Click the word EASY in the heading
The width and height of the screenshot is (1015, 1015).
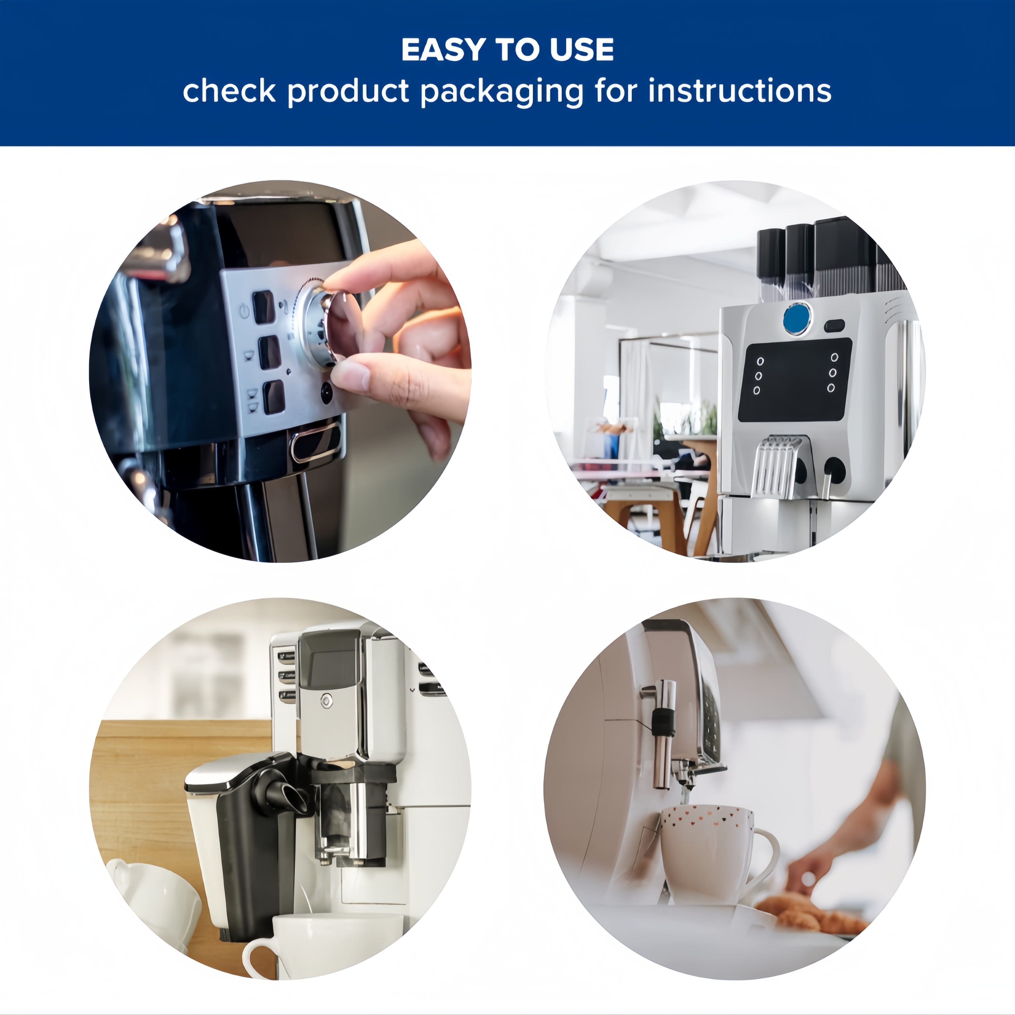click(x=443, y=50)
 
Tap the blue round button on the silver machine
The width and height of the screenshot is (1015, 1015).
click(x=796, y=318)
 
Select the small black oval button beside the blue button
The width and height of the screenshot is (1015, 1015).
click(x=834, y=326)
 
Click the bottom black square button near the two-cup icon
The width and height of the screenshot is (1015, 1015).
click(x=274, y=397)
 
